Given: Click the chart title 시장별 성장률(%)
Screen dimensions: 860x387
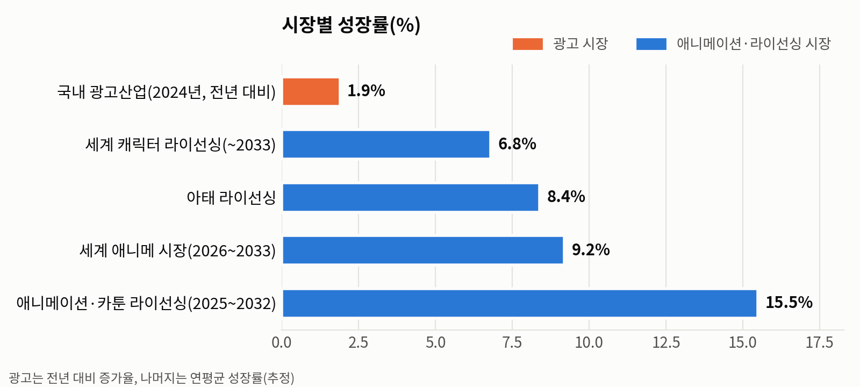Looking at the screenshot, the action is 352,25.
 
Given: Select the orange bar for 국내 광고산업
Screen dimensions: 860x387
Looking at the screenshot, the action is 311,91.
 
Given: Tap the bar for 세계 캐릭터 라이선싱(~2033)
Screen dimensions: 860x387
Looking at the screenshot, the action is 386,145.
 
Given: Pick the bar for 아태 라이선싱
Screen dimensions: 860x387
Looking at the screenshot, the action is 411,197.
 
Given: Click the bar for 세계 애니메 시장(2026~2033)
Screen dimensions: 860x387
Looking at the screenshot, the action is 422,250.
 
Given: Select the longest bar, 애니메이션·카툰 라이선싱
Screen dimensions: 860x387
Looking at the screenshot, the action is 519,303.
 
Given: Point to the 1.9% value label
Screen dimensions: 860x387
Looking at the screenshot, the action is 366,91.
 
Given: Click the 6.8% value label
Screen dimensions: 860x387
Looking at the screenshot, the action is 517,144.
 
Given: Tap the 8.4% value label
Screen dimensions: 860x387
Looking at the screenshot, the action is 567,197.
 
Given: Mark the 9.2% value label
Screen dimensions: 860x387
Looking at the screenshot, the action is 591,249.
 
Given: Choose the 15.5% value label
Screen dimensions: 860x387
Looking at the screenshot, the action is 789,303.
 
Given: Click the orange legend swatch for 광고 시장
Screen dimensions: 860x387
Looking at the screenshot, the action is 528,44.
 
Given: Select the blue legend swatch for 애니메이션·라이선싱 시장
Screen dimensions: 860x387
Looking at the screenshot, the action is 651,44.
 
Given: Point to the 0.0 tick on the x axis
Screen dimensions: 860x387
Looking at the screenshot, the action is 282,342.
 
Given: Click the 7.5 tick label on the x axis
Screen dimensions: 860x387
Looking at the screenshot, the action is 512,342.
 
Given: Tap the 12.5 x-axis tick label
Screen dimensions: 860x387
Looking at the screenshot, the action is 666,342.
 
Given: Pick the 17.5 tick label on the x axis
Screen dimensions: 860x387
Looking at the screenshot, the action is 820,342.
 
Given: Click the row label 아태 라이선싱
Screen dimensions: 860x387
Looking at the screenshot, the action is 232,198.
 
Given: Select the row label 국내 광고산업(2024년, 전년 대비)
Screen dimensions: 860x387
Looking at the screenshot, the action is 166,92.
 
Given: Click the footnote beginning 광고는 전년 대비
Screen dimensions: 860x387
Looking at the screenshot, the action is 151,378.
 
